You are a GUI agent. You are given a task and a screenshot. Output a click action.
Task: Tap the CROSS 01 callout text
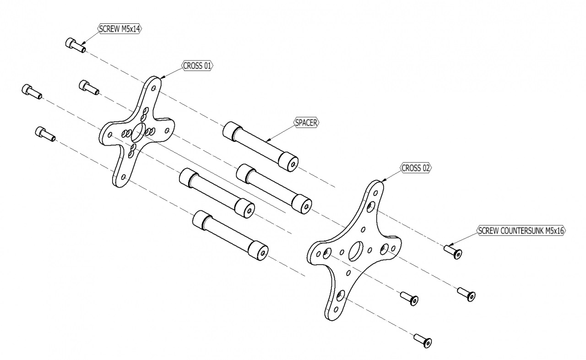pos(198,65)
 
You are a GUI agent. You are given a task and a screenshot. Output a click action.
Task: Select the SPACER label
pos(306,123)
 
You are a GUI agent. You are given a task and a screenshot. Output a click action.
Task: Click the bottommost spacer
pos(230,235)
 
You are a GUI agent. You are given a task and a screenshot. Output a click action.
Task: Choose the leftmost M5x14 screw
pos(31,92)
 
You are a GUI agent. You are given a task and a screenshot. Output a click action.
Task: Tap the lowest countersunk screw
pos(423,340)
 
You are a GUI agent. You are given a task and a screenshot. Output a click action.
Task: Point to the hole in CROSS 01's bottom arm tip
pos(123,176)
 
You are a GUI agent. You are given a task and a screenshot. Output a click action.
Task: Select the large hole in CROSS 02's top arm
pos(371,206)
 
